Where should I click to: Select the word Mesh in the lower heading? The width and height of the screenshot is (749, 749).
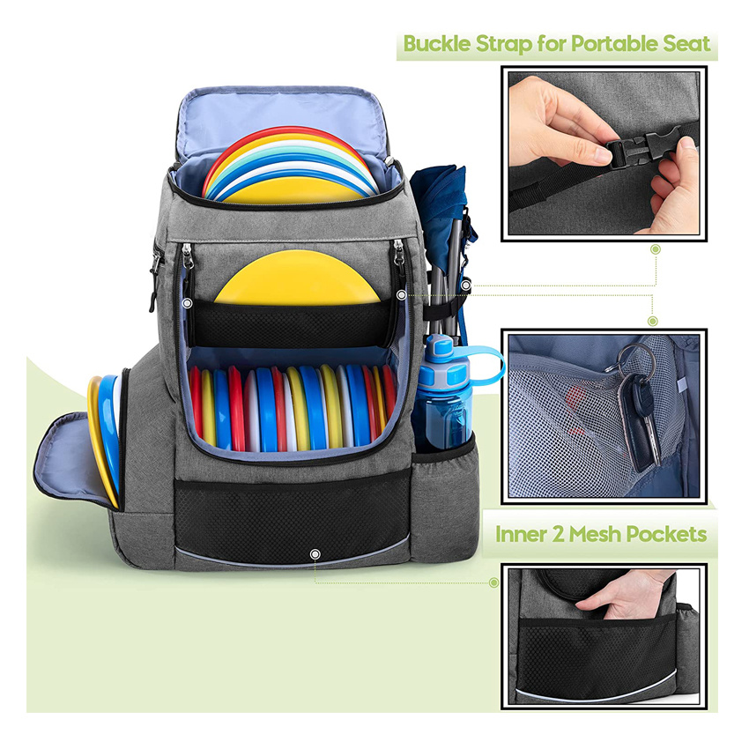604,534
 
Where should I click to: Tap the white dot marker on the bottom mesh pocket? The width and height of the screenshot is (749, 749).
315,553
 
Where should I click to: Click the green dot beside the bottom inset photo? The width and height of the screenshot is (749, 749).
494,582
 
